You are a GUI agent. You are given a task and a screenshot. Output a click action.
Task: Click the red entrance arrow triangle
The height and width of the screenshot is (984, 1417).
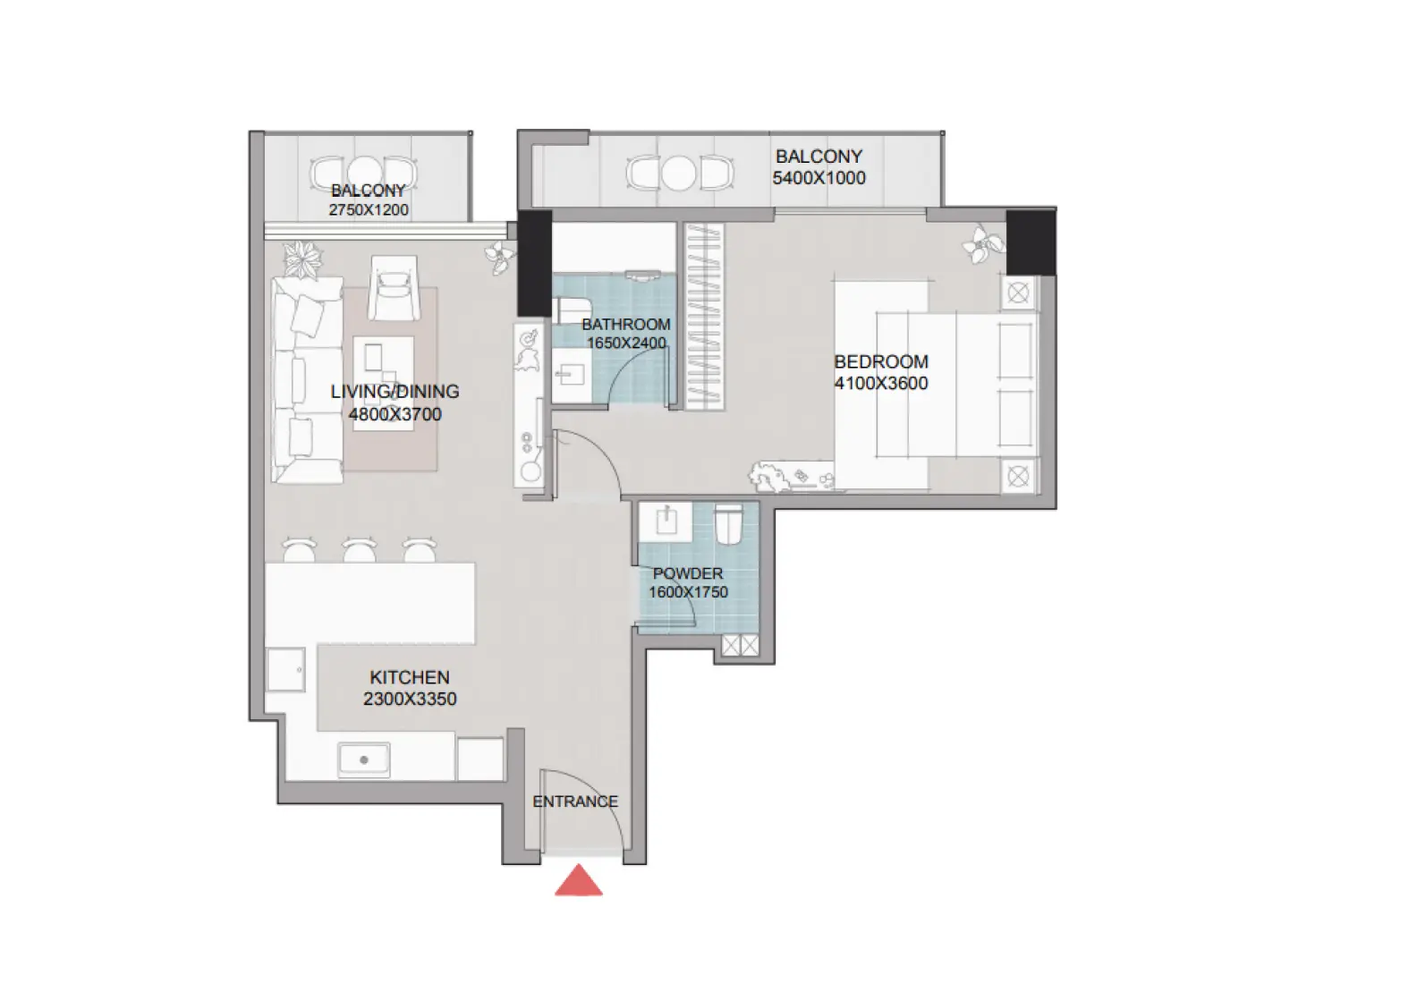(579, 882)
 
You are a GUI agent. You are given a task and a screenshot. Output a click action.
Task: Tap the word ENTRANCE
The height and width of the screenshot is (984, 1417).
(575, 802)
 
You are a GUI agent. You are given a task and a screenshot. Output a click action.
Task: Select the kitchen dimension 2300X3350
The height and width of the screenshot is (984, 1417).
(410, 699)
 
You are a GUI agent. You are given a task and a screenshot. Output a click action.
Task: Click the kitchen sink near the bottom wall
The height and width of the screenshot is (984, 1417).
(364, 759)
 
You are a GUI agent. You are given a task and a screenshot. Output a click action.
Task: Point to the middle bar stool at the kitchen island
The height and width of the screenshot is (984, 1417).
(359, 549)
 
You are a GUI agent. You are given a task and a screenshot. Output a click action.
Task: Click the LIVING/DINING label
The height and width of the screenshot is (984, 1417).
(395, 391)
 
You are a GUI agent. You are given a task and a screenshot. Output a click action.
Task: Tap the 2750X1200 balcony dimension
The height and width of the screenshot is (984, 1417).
(369, 209)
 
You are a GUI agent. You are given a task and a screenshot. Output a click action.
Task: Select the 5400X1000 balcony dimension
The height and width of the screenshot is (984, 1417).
(819, 177)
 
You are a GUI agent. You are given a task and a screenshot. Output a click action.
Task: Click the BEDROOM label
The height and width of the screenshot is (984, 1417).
(881, 361)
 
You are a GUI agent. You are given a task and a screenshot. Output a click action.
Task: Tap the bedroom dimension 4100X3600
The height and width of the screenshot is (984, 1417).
(881, 383)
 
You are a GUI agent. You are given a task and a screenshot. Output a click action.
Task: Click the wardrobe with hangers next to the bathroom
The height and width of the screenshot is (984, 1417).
(704, 316)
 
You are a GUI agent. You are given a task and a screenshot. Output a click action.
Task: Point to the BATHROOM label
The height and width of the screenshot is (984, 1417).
(625, 324)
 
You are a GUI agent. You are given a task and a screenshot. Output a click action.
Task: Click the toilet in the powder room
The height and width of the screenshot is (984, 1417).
(729, 524)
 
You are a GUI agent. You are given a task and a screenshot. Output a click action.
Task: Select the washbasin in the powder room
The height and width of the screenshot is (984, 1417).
(667, 521)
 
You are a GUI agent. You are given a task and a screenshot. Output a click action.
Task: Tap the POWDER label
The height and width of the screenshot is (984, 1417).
(688, 573)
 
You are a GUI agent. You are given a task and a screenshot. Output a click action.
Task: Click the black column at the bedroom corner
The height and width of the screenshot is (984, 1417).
(1031, 242)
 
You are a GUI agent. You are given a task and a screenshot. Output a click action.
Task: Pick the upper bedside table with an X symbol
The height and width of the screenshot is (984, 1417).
(1018, 293)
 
